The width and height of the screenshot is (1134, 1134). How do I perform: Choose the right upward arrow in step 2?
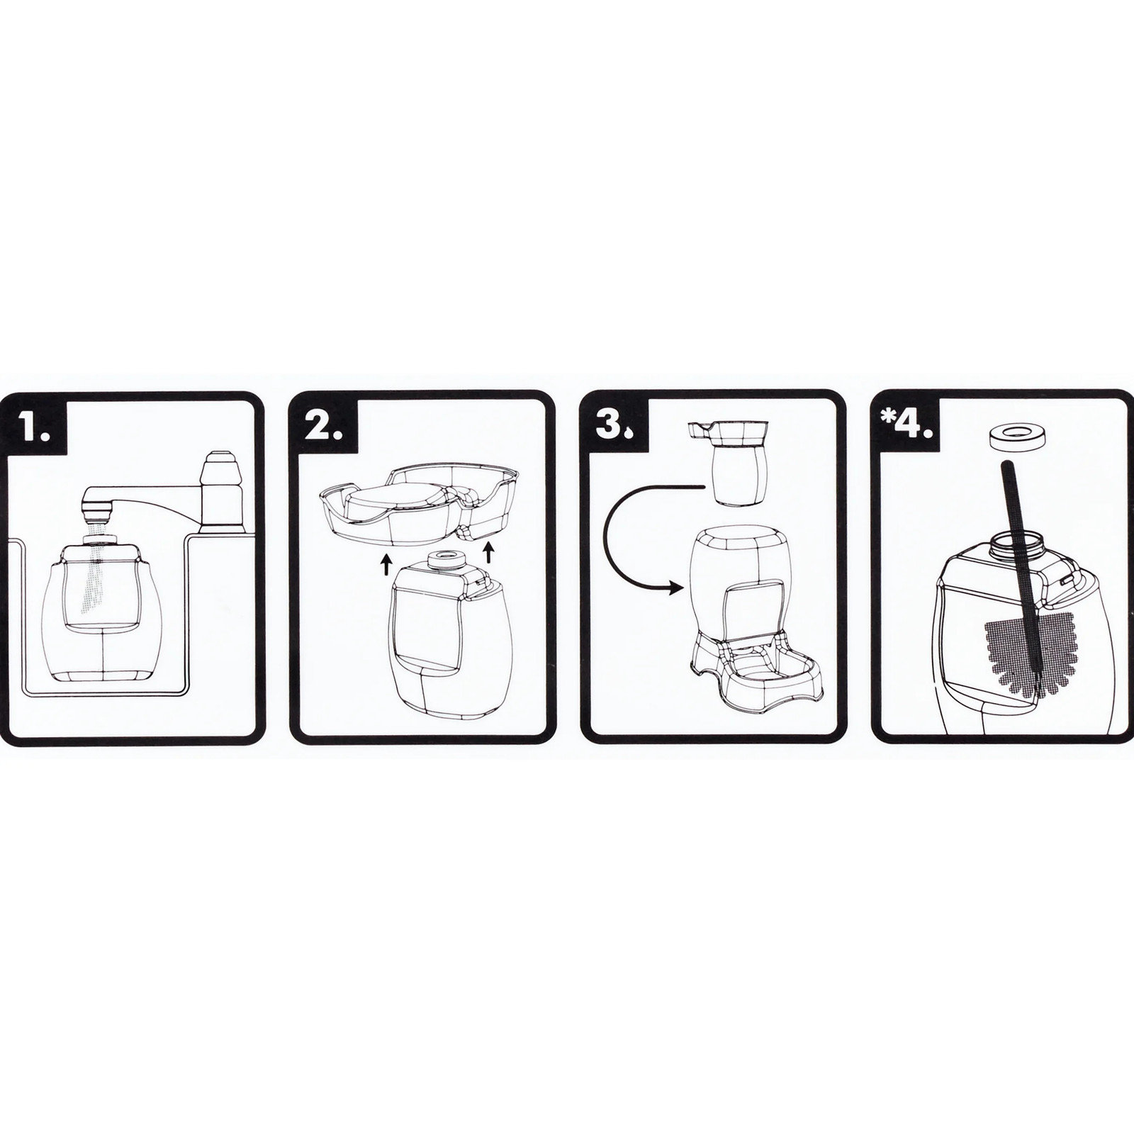pos(488,552)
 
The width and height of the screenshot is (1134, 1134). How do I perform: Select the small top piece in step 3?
pos(734,464)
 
